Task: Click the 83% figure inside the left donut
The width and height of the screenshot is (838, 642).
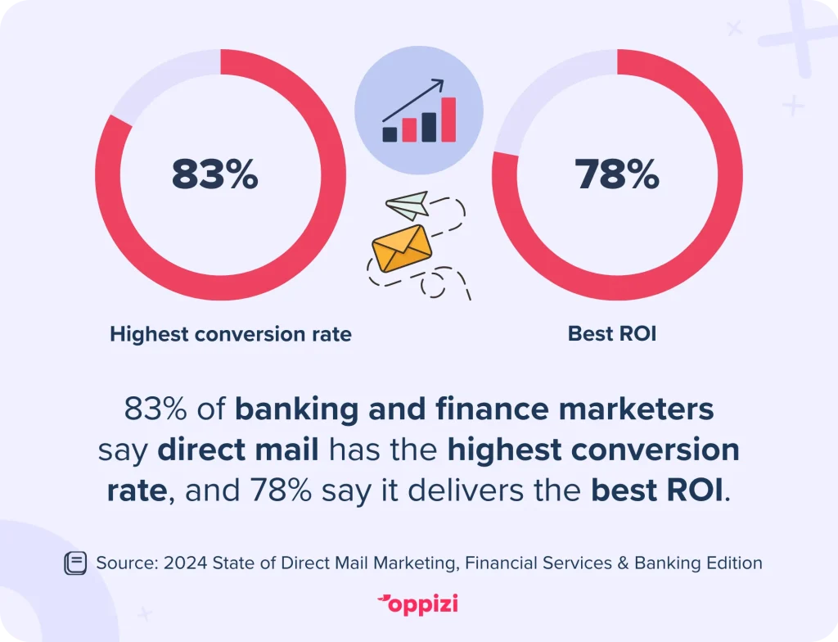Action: pos(215,174)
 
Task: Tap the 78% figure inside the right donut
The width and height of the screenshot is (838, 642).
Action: pos(617,174)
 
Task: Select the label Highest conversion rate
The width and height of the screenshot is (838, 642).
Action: pos(231,334)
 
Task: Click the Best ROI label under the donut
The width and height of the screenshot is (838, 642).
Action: pos(612,333)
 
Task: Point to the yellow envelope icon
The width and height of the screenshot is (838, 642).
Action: pos(401,248)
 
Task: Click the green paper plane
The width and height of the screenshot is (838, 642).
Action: pos(408,206)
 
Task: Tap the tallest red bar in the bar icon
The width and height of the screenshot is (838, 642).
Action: pos(449,120)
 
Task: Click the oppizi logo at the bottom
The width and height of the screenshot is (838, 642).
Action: pos(417,604)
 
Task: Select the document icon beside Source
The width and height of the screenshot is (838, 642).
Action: pos(75,563)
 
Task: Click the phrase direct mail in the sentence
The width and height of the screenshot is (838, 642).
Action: pos(238,450)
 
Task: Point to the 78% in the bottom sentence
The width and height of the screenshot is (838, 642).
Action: pos(281,490)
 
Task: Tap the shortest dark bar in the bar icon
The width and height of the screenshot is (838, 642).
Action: pos(390,134)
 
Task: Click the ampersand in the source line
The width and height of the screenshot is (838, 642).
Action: pos(623,563)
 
